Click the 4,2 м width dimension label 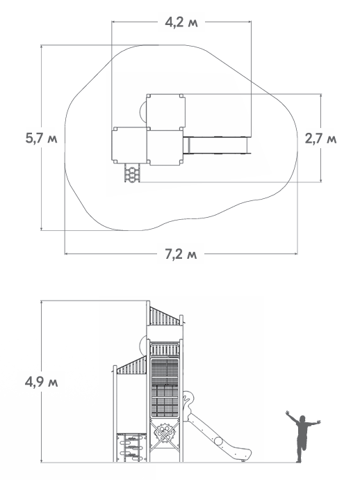click(x=181, y=22)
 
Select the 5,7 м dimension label click(x=41, y=138)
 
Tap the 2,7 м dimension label click(x=320, y=138)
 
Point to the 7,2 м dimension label click(x=181, y=254)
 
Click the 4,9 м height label click(x=41, y=382)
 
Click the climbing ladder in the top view click(x=132, y=173)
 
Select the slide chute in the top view click(x=217, y=145)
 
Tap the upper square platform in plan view click(x=165, y=111)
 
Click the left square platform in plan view click(x=130, y=145)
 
